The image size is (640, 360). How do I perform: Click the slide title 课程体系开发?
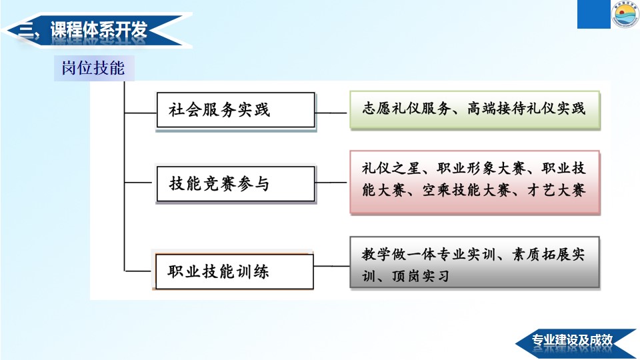pyautogui.click(x=99, y=30)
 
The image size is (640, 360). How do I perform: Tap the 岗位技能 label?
pyautogui.click(x=93, y=68)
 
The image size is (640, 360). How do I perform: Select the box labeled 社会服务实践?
pyautogui.click(x=236, y=110)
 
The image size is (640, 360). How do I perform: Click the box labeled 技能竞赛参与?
pyautogui.click(x=236, y=184)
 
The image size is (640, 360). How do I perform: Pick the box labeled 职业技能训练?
pyautogui.click(x=234, y=271)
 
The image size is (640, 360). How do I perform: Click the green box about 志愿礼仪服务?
pyautogui.click(x=475, y=110)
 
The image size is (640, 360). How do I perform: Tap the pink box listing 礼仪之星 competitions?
pyautogui.click(x=475, y=182)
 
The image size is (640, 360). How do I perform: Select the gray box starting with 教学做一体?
pyautogui.click(x=475, y=263)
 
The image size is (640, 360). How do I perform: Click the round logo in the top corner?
pyautogui.click(x=625, y=14)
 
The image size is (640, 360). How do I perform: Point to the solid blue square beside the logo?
pyautogui.click(x=593, y=14)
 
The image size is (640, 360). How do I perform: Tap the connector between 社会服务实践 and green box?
pyautogui.click(x=331, y=113)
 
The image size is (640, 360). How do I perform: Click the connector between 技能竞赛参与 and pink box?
pyautogui.click(x=331, y=183)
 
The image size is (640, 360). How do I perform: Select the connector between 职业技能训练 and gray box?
pyautogui.click(x=331, y=266)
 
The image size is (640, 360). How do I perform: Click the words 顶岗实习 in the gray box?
pyautogui.click(x=421, y=276)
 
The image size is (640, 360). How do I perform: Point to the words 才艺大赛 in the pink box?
pyautogui.click(x=557, y=190)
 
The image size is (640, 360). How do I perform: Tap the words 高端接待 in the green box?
pyautogui.click(x=496, y=109)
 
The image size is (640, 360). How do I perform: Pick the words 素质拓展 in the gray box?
pyautogui.click(x=541, y=254)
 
